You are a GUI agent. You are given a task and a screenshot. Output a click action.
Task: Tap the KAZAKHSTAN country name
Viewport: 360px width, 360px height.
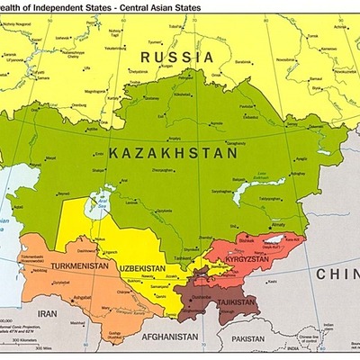click(172, 154)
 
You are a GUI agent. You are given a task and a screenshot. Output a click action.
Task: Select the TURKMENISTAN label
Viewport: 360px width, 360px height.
click(78, 268)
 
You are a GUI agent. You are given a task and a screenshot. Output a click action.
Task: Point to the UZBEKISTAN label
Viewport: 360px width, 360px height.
click(140, 268)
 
